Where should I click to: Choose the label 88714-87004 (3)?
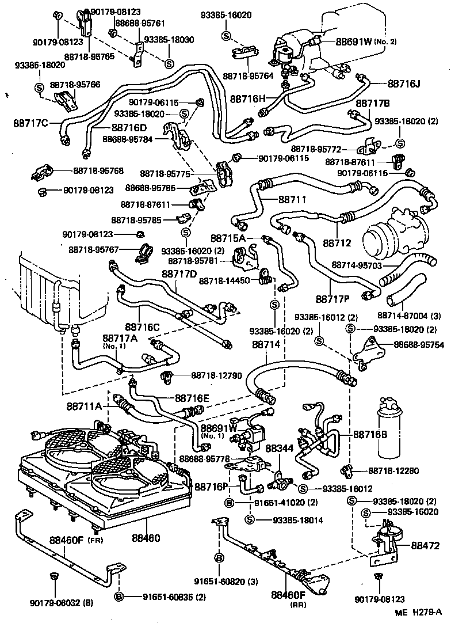(408, 316)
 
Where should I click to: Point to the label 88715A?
(227, 237)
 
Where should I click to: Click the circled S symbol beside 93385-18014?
(250, 520)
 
